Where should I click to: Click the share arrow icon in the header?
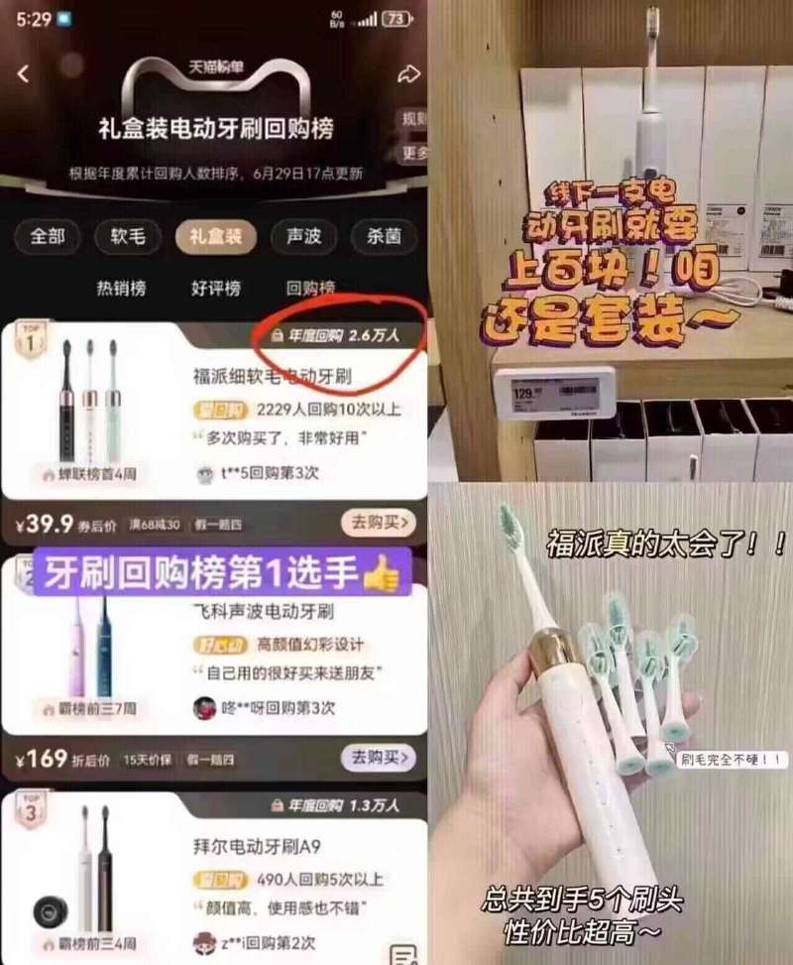click(408, 74)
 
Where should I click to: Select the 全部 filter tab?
click(47, 236)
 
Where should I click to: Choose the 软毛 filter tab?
click(127, 236)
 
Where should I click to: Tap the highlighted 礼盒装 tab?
click(215, 236)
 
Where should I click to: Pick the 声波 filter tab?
click(301, 236)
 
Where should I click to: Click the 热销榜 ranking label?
click(121, 288)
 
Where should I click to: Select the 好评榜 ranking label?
click(216, 288)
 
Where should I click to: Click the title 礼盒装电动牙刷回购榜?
click(215, 129)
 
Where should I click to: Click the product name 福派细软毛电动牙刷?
click(273, 377)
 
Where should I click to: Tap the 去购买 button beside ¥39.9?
click(378, 523)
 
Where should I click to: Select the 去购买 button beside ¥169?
click(378, 759)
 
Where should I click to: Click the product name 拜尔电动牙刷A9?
click(257, 847)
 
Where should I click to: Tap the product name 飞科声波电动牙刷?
click(263, 611)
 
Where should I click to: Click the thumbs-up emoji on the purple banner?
click(382, 572)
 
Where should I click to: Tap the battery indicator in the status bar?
click(396, 19)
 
